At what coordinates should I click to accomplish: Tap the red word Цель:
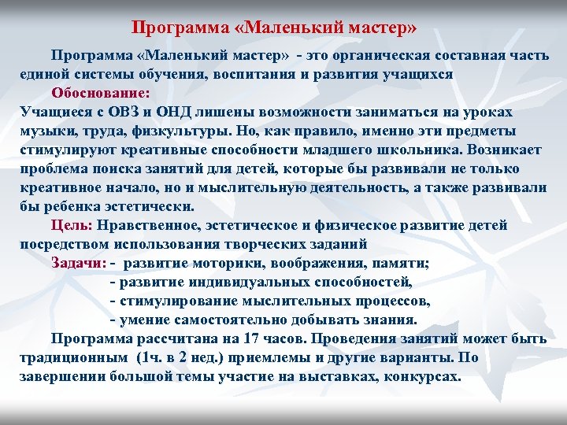72,225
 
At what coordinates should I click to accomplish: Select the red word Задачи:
79,263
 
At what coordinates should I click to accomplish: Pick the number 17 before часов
252,339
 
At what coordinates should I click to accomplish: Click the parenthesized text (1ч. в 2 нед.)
186,358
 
